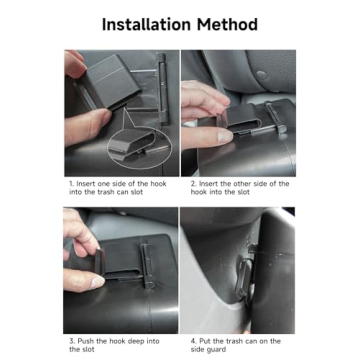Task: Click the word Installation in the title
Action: pos(147,25)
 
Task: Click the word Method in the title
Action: pos(228,25)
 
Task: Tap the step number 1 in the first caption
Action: pos(71,184)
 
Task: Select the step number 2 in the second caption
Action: pos(193,184)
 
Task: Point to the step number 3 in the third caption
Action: pos(72,341)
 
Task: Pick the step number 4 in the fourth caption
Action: pos(194,341)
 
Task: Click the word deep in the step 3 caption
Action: pos(136,342)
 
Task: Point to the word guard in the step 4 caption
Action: pos(218,350)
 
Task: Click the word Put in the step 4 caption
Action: pos(205,341)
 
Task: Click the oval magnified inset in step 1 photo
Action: pos(139,147)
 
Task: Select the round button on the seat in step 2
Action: pos(261,75)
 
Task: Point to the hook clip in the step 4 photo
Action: pos(244,273)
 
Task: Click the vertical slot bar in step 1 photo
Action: pos(163,89)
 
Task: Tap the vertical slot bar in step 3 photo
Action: pos(147,266)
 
